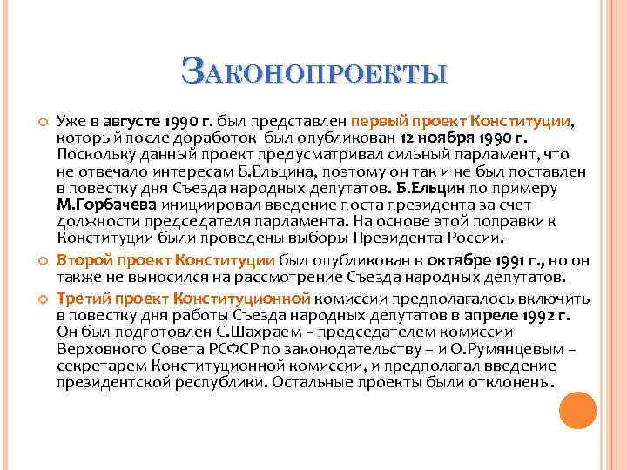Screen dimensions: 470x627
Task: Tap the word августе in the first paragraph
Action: pos(131,121)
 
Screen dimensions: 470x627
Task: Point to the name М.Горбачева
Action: pos(95,204)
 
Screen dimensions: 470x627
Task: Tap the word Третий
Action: pos(82,298)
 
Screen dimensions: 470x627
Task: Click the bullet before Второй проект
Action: pos(37,259)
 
